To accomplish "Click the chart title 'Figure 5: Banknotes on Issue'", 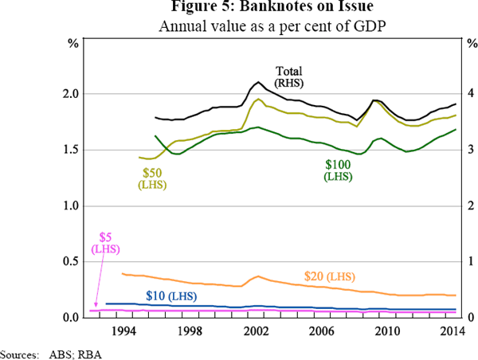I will tap(240, 10).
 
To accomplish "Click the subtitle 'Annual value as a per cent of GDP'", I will tap(240, 26).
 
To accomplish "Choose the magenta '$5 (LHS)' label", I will tap(105, 243).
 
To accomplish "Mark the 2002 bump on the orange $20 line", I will tap(257, 276).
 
